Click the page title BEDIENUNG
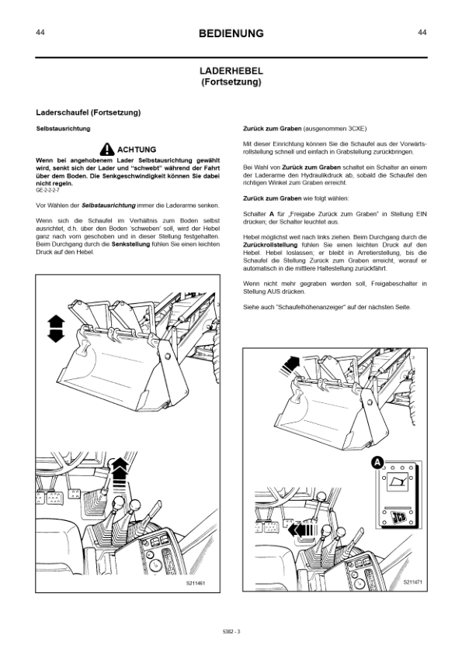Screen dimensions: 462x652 tap(231, 33)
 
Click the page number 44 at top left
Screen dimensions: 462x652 tap(40, 33)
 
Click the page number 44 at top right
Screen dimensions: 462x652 tap(422, 33)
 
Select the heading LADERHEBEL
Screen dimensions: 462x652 tap(231, 71)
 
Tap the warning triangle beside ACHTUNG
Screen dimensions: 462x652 tap(107, 149)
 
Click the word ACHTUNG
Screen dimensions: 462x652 tap(137, 150)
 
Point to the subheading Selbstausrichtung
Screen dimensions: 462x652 tap(63, 129)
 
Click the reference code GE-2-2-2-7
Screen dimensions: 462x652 tap(47, 190)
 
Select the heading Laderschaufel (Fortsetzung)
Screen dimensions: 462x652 tap(89, 112)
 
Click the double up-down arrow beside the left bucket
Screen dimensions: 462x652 tap(56, 329)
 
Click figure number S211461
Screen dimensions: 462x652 tap(196, 583)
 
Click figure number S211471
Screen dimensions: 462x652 tap(412, 582)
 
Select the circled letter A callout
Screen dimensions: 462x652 tap(377, 462)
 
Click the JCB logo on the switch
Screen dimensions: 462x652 tap(398, 517)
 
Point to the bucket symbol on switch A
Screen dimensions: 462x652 tap(398, 483)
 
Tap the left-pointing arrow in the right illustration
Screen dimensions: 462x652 tap(302, 530)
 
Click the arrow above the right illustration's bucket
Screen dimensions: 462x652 tap(290, 365)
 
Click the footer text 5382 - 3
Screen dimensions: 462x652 tap(231, 632)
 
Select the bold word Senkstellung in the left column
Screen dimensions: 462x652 tap(130, 244)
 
